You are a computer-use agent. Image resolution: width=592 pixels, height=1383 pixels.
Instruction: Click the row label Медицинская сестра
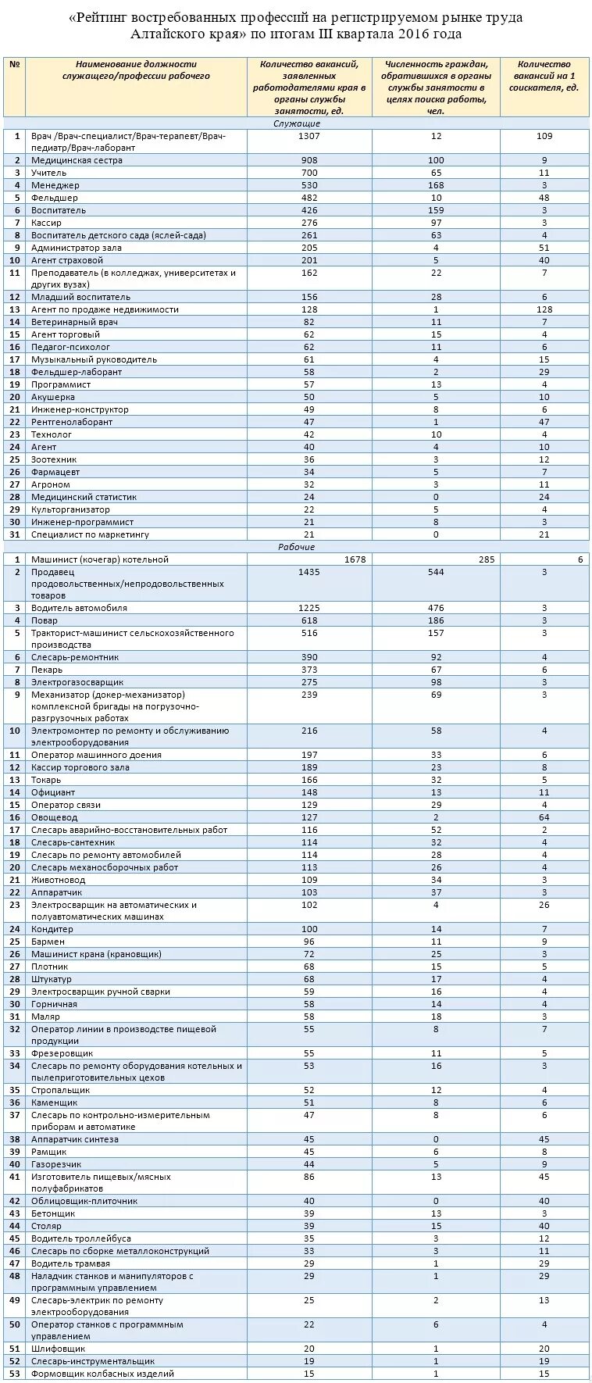[x=77, y=160]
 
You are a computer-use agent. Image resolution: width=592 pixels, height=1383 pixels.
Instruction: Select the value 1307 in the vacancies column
[x=309, y=136]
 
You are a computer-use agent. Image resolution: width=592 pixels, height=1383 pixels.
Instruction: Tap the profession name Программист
[x=61, y=384]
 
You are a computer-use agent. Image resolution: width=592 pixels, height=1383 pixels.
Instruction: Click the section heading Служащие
[x=296, y=123]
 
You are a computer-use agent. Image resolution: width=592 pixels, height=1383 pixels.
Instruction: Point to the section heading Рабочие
[x=296, y=547]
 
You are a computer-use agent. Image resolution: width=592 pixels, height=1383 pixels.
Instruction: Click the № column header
[x=14, y=65]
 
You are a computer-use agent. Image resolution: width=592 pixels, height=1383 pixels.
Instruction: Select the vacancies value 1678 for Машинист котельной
[x=354, y=559]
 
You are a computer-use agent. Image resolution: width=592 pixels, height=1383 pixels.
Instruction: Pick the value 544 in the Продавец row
[x=436, y=572]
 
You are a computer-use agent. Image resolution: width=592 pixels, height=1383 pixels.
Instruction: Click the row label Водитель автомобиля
[x=79, y=608]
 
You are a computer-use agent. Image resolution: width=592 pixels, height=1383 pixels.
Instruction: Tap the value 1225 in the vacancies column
[x=309, y=608]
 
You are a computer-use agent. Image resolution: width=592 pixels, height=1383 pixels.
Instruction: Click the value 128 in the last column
[x=544, y=309]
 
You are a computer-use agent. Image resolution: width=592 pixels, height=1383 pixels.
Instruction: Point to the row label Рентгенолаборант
[x=72, y=422]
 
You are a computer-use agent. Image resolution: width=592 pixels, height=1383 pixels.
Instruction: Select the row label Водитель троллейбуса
[x=81, y=1238]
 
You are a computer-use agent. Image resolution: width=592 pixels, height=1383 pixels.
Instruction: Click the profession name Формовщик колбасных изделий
[x=102, y=1374]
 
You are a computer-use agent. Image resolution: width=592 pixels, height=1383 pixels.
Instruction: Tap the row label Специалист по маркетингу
[x=90, y=534]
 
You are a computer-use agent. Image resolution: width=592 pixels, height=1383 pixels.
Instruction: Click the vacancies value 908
[x=309, y=160]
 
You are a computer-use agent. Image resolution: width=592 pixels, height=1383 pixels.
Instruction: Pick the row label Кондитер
[x=52, y=929]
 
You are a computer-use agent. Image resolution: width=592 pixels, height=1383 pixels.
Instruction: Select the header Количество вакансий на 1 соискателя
[x=544, y=76]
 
